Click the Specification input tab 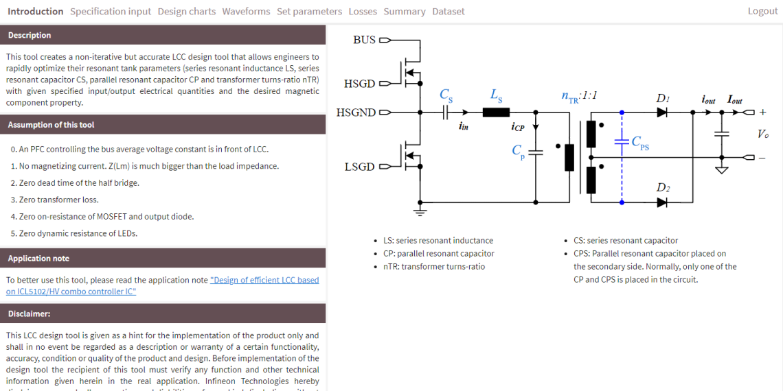(x=111, y=11)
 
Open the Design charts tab (x=186, y=11)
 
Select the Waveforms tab (x=246, y=11)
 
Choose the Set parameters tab (x=309, y=11)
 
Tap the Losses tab (x=363, y=11)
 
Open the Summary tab (x=405, y=11)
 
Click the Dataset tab (x=448, y=11)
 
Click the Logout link (x=762, y=11)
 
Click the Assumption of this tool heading (x=51, y=125)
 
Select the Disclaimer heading (x=29, y=313)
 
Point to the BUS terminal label (x=364, y=40)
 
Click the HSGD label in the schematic (x=360, y=84)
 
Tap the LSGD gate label (x=360, y=167)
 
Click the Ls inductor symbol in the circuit (x=496, y=112)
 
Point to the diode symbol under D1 (x=661, y=112)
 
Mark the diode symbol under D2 (x=661, y=202)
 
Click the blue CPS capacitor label (x=639, y=143)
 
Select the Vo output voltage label (x=763, y=134)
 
